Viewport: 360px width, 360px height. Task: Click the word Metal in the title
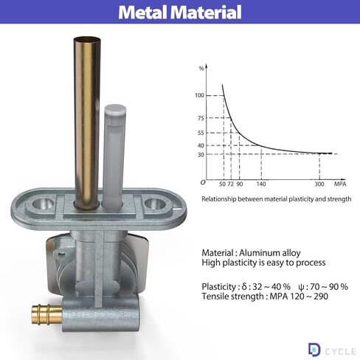click(144, 12)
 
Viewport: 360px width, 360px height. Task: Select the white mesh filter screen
click(114, 156)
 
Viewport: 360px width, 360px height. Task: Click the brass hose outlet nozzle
click(46, 314)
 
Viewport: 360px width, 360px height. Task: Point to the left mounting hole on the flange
click(44, 204)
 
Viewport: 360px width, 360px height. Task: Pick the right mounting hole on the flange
click(155, 204)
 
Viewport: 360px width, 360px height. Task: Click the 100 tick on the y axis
click(200, 95)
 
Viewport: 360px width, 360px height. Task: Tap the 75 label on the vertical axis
click(201, 118)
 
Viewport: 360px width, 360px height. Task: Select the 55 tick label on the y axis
click(201, 133)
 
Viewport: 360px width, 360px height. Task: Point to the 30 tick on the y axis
click(201, 155)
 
